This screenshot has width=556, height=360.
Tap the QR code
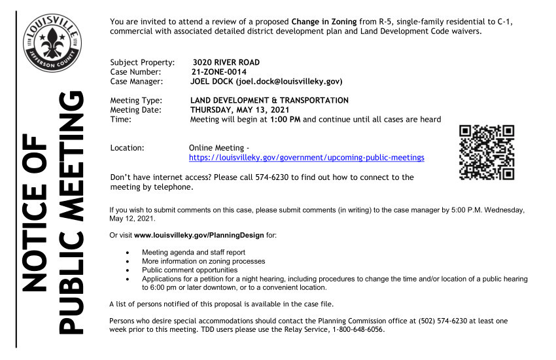(487, 152)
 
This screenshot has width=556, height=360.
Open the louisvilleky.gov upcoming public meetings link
(306, 158)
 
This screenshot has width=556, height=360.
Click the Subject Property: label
(143, 62)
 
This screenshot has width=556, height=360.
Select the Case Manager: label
(139, 82)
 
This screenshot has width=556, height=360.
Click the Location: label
(128, 149)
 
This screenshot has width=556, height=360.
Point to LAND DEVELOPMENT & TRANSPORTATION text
(269, 100)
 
